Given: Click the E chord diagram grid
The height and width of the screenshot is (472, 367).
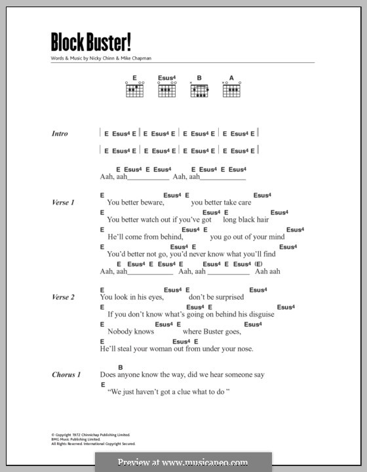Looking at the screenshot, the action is coord(134,91).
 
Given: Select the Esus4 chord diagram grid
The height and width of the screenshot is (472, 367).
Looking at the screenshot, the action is coord(166,91).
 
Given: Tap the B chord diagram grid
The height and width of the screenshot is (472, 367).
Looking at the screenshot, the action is coord(199,91).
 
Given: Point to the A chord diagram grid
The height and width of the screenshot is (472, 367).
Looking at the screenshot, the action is coord(231,91).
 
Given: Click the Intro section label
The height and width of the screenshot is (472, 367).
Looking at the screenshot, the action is coord(60,134).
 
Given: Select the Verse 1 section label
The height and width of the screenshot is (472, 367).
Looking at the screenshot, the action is coord(63,203).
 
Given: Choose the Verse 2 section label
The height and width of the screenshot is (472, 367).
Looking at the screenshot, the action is coord(63,297).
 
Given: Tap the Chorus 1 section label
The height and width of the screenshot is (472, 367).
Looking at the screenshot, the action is coord(66,375).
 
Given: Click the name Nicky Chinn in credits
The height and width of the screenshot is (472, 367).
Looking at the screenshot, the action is coord(100,58).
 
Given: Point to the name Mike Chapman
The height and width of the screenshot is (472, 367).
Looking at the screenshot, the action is coord(136,58).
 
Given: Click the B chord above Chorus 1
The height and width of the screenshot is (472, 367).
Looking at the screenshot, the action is coord(121,367).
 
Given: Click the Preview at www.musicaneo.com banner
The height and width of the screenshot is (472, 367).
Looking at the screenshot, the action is coord(183,462).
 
